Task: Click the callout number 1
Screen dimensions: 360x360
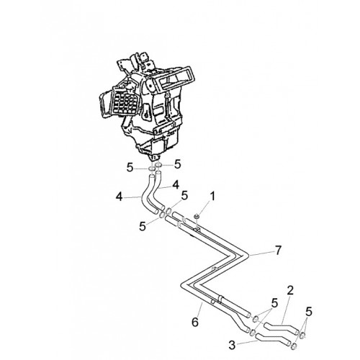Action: tap(212, 197)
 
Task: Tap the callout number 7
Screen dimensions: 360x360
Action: tap(278, 251)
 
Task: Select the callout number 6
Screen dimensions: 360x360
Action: tap(195, 322)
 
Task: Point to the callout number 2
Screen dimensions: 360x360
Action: tap(290, 291)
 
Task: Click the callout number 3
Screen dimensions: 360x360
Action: tap(232, 345)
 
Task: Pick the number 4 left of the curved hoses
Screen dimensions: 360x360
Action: tap(120, 197)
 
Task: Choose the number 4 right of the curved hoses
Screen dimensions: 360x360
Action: tap(176, 185)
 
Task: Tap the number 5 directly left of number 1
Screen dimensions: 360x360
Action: tap(184, 196)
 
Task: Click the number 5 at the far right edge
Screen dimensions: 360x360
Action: tap(309, 312)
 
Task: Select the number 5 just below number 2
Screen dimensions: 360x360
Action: tap(274, 303)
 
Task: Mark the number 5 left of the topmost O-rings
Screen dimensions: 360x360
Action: tap(130, 168)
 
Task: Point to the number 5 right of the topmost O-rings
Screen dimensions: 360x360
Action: tap(177, 164)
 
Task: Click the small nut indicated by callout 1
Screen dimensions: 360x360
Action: tap(197, 217)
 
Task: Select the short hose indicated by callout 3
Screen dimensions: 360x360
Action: tap(274, 338)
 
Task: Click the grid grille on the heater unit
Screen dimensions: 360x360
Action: tap(125, 103)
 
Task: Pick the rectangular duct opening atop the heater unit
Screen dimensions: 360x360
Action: tap(176, 78)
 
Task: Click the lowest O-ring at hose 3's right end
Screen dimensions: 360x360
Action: tap(294, 346)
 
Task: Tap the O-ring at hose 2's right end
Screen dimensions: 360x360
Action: tap(302, 336)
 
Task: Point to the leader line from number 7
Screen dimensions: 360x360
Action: tap(261, 253)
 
